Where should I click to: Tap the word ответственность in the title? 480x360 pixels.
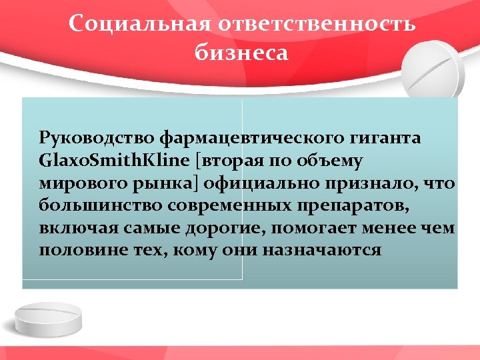coord(317,25)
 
